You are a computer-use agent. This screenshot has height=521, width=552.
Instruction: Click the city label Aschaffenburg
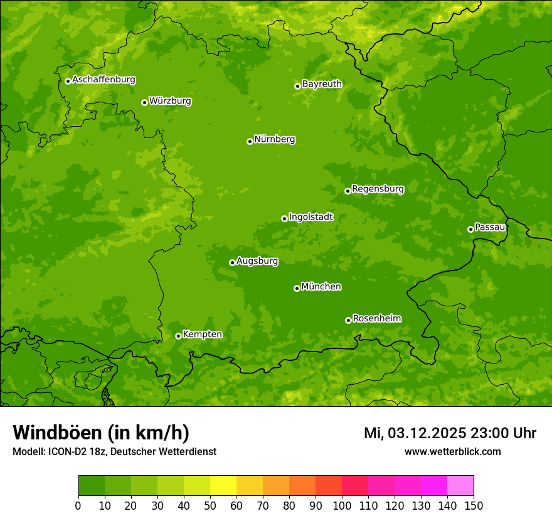(103, 80)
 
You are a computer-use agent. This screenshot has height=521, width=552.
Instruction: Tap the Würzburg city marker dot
(144, 102)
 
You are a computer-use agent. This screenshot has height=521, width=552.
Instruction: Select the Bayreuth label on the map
(322, 84)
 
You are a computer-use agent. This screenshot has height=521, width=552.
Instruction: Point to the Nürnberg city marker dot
(250, 141)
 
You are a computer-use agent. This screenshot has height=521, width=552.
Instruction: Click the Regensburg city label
(378, 189)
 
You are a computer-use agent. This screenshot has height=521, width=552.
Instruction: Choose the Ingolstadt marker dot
(284, 218)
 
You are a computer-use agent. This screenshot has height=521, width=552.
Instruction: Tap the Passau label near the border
(490, 227)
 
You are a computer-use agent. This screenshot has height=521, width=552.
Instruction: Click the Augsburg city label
(257, 261)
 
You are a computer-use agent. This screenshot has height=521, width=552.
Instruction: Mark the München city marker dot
(297, 288)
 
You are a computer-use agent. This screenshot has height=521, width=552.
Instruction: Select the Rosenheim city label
(376, 319)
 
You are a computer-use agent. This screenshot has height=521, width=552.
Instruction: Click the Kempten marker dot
(178, 336)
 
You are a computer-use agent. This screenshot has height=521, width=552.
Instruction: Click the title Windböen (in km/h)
(101, 432)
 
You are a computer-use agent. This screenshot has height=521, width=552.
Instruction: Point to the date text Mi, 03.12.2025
(415, 433)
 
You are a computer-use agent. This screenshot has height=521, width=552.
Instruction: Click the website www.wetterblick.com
(452, 451)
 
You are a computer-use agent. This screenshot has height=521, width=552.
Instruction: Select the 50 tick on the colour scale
(210, 505)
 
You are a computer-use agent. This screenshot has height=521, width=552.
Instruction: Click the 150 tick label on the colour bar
(474, 505)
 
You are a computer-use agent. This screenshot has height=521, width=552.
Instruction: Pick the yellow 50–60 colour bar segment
(223, 486)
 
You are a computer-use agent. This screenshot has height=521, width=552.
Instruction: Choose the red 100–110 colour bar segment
(355, 486)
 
